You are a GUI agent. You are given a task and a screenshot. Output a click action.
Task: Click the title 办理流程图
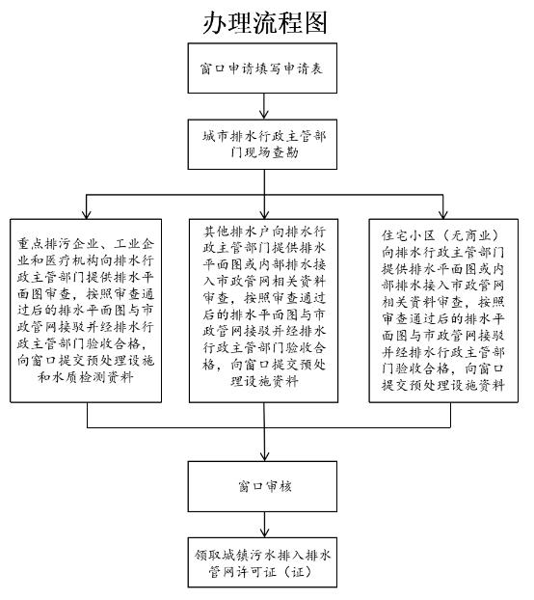point(265,22)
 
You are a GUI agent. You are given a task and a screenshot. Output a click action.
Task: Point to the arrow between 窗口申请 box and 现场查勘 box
point(264,106)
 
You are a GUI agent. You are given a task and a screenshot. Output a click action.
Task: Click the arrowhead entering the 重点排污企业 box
point(87,214)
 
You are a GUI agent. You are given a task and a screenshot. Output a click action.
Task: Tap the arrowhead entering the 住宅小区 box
point(443,214)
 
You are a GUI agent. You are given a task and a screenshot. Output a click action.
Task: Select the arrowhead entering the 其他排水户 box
point(264,214)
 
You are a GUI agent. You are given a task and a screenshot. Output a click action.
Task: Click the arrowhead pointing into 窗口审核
point(264,456)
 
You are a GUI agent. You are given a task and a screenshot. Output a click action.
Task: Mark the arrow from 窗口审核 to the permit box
point(264,525)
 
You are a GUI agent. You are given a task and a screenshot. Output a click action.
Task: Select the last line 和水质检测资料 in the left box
point(85,378)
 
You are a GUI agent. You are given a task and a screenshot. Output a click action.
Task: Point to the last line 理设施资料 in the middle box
point(264,381)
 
